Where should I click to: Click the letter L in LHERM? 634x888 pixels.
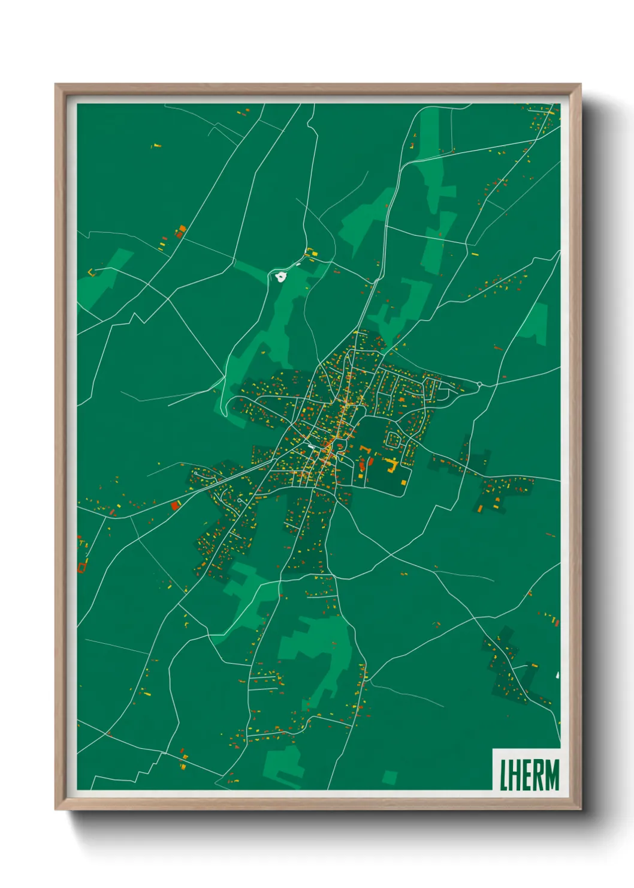click(503, 775)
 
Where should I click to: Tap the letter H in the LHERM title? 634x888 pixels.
click(514, 775)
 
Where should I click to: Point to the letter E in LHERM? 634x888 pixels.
click(526, 775)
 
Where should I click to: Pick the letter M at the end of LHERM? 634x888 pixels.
click(551, 775)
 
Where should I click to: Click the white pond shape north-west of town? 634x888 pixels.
click(280, 277)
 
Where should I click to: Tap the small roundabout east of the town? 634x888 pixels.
click(479, 384)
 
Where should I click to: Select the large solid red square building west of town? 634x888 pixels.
click(175, 506)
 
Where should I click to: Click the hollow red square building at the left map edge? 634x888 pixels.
click(82, 565)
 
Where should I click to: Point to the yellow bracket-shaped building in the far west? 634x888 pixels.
click(92, 272)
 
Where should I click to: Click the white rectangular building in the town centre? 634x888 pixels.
click(312, 447)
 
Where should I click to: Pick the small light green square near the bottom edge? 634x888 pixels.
click(390, 778)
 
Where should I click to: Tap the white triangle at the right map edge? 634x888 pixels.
click(557, 675)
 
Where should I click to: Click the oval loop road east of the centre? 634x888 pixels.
click(393, 440)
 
